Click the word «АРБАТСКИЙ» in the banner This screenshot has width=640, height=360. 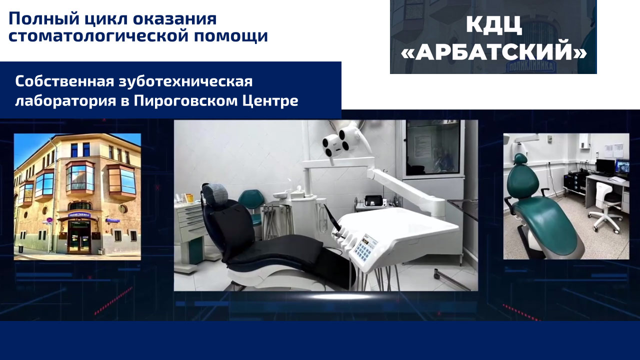(x=493, y=52)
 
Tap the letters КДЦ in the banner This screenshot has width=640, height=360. (x=493, y=25)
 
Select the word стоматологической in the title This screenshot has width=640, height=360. (x=97, y=36)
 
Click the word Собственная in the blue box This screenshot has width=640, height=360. (x=65, y=82)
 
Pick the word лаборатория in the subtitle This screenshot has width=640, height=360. (x=65, y=101)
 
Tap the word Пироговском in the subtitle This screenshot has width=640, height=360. (x=185, y=101)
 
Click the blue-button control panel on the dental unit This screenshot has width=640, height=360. (x=365, y=247)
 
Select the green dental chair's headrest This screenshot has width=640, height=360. (x=520, y=159)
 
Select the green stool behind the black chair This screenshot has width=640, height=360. (x=251, y=204)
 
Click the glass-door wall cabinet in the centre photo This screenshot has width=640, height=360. (x=433, y=148)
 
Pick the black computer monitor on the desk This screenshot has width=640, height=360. (x=605, y=166)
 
